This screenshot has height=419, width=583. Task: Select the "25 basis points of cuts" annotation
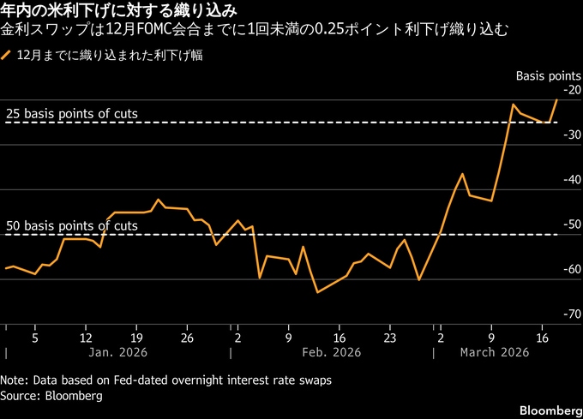coord(71,113)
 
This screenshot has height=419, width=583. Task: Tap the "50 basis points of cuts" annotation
coord(71,225)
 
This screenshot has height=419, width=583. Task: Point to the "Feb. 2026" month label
coord(332,352)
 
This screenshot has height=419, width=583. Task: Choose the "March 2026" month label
coord(494,352)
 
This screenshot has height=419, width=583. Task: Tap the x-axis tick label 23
coord(389,337)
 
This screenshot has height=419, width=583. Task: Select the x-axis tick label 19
coord(137,337)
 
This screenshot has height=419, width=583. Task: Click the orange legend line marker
coord(7,56)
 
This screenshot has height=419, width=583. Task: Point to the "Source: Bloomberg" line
coord(51,396)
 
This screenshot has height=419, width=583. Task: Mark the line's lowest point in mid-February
coord(317,292)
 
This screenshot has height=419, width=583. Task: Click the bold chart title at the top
coord(119,12)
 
